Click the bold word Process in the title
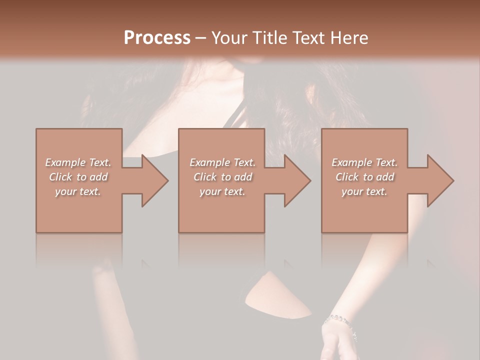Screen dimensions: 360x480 coord(157,38)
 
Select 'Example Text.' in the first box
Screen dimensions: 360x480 coord(78,162)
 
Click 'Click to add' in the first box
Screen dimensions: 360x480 coord(78,177)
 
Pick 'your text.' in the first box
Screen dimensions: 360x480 coord(78,191)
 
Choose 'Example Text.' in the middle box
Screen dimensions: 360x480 coord(222,162)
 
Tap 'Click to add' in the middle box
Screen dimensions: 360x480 coord(222,177)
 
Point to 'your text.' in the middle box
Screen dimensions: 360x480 coord(222,191)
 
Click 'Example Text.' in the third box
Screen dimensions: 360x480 coord(364,162)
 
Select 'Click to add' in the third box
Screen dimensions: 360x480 coord(364,177)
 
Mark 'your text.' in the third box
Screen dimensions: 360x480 coord(364,191)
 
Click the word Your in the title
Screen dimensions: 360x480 coord(228,38)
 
